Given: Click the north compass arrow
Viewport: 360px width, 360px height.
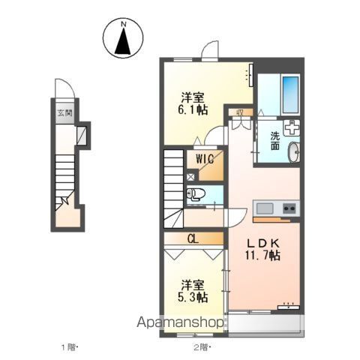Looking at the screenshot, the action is [123, 41].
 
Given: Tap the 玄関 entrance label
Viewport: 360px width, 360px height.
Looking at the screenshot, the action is [65, 113].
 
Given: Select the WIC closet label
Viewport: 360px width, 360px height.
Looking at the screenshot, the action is [205, 159].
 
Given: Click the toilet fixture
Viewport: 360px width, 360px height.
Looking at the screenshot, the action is [196, 194].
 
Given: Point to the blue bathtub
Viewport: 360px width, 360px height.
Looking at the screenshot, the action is [290, 94].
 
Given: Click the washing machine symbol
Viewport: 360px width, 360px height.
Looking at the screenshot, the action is [292, 127].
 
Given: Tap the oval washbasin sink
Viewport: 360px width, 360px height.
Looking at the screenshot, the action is [293, 152].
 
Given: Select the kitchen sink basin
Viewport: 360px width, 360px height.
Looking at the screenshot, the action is [265, 208].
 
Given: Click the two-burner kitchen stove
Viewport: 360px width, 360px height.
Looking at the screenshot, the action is [289, 208].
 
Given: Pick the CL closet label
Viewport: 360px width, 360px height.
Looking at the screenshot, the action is [193, 239].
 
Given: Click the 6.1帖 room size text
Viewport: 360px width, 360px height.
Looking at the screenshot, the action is [193, 109].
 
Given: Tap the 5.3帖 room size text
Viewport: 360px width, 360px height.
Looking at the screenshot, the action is [193, 297].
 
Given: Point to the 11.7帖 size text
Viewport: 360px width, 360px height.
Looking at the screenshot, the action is [262, 256].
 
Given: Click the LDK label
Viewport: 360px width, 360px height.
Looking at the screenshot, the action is [262, 243].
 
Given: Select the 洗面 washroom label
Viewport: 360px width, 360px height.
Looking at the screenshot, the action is [275, 141].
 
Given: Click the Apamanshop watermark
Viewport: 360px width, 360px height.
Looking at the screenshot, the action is [180, 322].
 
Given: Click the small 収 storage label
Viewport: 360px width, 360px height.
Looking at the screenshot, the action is [240, 112].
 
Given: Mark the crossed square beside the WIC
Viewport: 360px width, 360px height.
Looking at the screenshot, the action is [190, 177].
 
